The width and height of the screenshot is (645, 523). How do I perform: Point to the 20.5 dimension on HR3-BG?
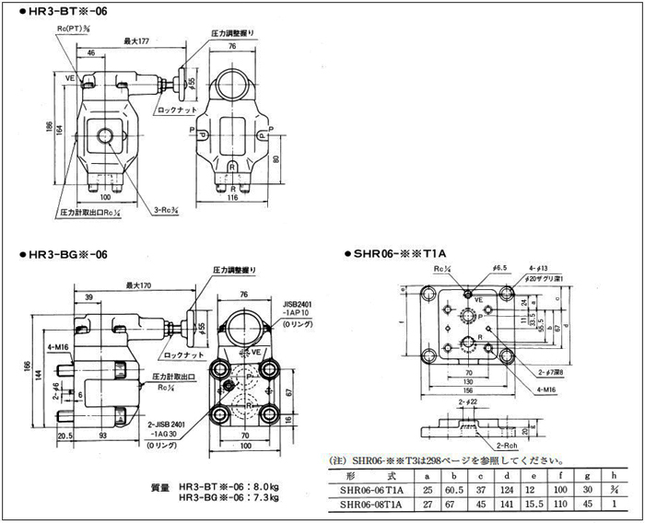pyautogui.click(x=40, y=435)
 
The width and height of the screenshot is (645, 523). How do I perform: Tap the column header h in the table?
pyautogui.click(x=615, y=475)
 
